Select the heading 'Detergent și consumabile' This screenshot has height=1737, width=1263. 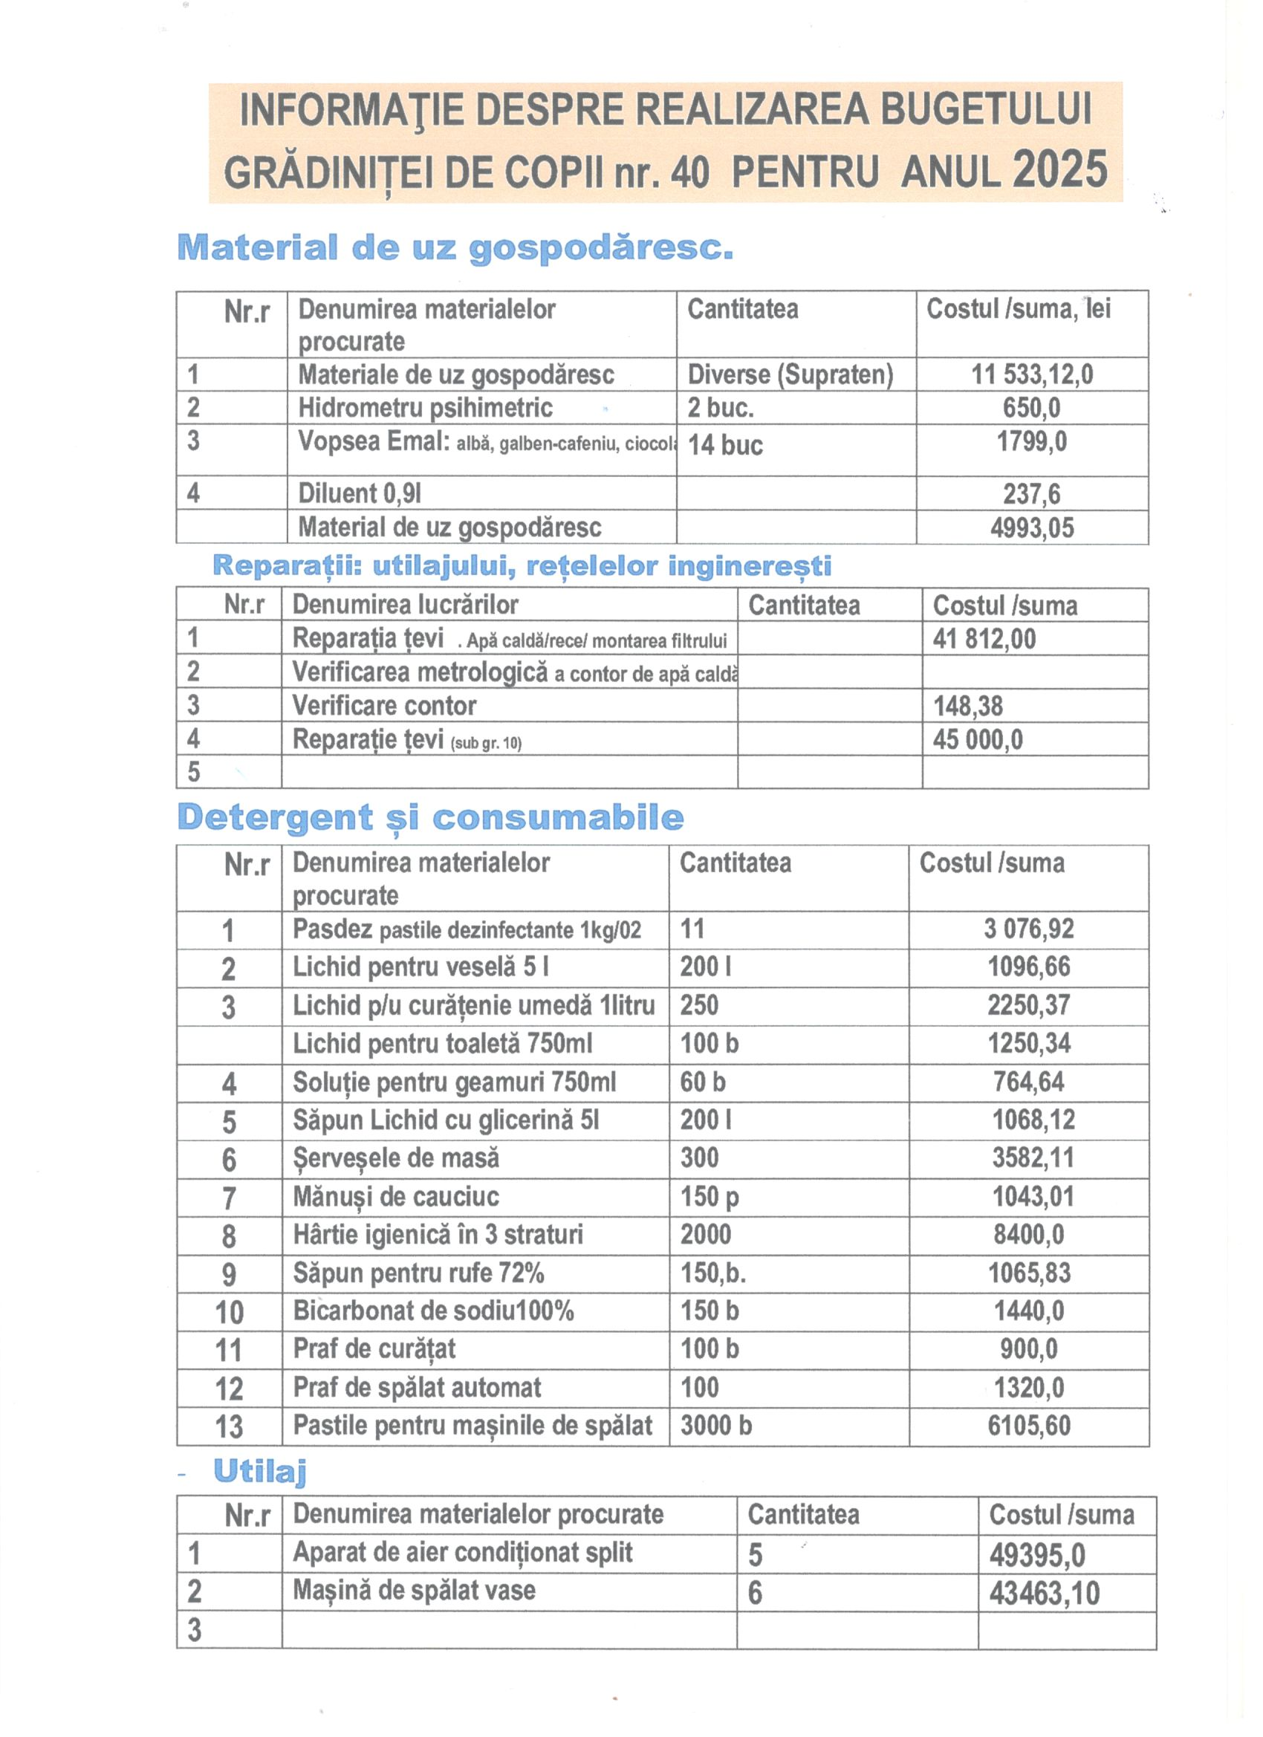[x=429, y=818]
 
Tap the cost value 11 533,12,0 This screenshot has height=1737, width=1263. [x=1032, y=374]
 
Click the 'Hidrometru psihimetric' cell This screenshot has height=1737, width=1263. [x=425, y=407]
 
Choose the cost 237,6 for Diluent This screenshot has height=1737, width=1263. [x=1032, y=494]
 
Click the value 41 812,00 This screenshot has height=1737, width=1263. [x=984, y=639]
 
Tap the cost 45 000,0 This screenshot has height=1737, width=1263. [x=977, y=740]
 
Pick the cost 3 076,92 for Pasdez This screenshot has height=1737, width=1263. [x=1029, y=929]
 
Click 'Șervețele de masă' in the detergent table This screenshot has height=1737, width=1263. [x=395, y=1158]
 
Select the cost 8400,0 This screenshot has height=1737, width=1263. [x=1029, y=1234]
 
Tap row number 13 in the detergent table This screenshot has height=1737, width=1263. [x=229, y=1426]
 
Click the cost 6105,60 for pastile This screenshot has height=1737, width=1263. [x=1029, y=1425]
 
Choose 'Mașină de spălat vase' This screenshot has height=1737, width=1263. [x=414, y=1591]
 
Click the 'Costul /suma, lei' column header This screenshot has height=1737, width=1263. [x=1018, y=309]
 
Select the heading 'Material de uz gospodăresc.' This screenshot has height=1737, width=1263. [x=455, y=248]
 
